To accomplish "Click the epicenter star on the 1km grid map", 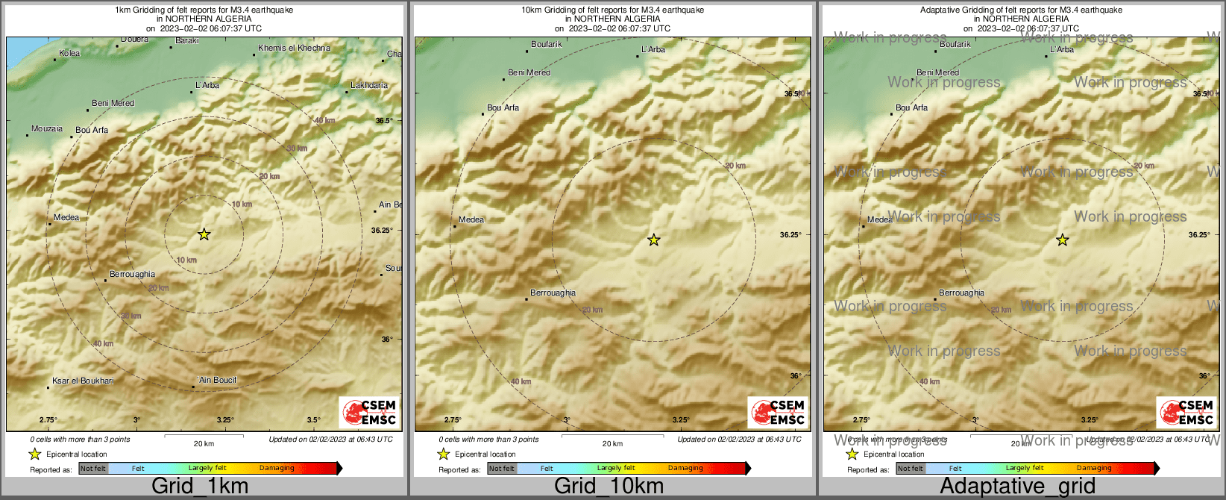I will coord(204,234).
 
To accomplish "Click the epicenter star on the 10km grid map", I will coord(654,240).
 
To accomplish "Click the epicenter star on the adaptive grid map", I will coord(1063,240).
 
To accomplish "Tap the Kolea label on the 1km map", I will coord(69,53).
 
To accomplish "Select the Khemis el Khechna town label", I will coord(294,48).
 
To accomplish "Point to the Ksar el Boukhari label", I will coord(83,381).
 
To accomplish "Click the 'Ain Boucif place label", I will coord(217,380).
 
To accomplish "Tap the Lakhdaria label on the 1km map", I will coord(369,85).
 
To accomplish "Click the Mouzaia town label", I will coord(47,128).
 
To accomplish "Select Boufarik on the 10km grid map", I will coord(547,44).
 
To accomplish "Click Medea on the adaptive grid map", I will coord(880,219).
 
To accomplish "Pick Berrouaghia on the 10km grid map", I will coord(553,293).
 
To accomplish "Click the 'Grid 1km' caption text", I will coord(200,487).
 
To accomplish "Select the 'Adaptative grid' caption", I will coord(1017,487).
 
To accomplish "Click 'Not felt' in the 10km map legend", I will coord(502,469).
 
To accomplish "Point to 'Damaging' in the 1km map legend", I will coord(277,468).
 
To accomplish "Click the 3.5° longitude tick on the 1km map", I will coord(313,419).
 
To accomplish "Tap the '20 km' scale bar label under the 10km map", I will coord(612,443).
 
